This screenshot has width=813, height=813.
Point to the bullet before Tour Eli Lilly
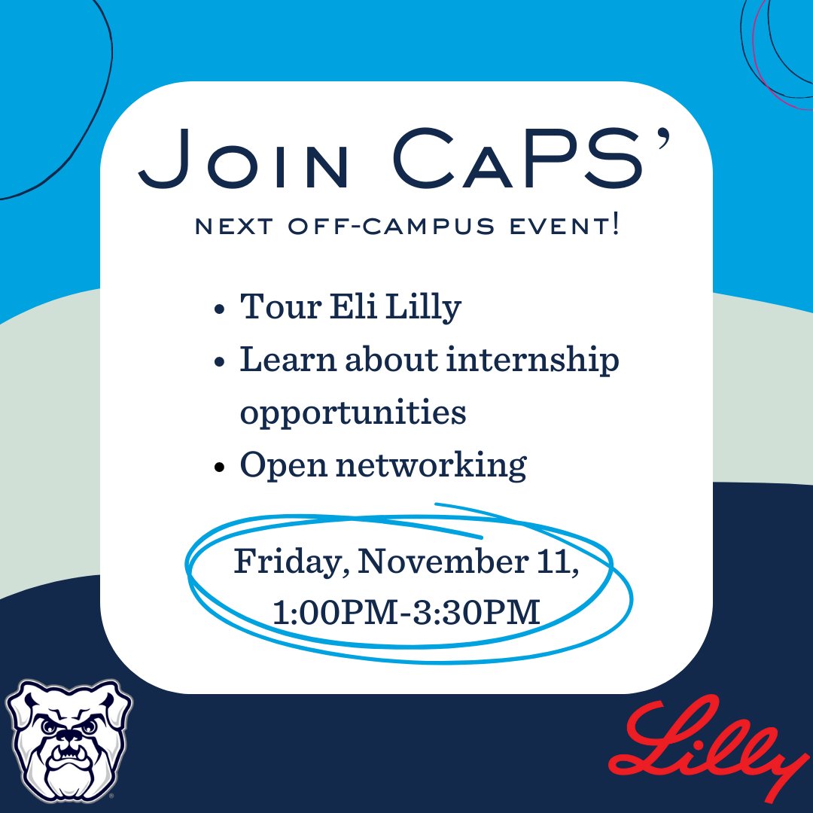(218, 309)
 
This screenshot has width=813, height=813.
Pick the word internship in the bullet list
(536, 361)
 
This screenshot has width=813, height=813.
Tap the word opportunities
(352, 414)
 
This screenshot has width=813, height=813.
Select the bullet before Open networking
(218, 467)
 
